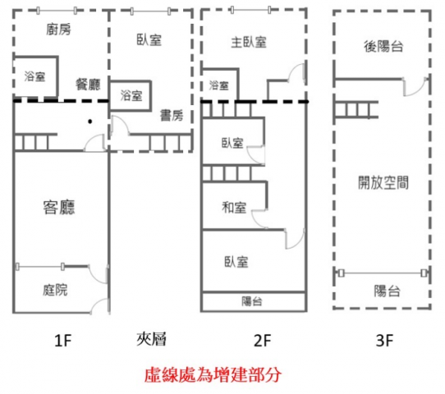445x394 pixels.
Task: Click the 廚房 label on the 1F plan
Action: point(58,30)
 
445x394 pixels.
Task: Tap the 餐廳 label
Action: point(88,85)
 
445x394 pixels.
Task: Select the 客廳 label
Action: point(59,207)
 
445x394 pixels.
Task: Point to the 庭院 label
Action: point(55,290)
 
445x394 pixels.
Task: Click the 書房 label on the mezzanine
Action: point(172,116)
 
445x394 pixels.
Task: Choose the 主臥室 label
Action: point(249,43)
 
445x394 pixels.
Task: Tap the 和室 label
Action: point(234,208)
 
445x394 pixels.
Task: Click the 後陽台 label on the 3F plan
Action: point(383,46)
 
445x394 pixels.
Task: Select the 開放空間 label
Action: point(383,182)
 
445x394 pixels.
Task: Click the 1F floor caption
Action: point(62,340)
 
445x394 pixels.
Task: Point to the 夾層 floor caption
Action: point(151,339)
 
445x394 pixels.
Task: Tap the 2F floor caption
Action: point(262,341)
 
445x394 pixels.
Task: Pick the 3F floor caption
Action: point(384,341)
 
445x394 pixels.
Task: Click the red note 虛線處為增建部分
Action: point(213,375)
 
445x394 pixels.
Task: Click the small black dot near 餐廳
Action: point(90,121)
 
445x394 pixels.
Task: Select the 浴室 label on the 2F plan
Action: point(219,85)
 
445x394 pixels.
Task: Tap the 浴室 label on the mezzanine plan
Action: point(131,95)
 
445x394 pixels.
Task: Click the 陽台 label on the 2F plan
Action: point(252,301)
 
